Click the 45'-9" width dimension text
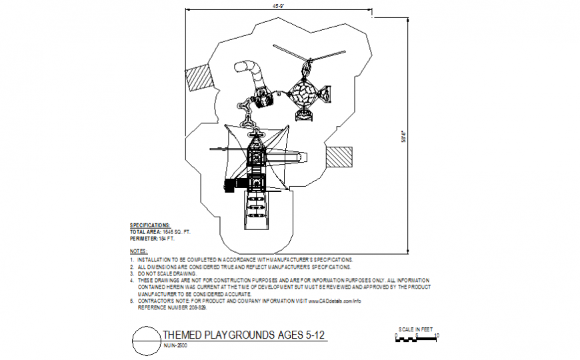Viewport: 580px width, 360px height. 279,6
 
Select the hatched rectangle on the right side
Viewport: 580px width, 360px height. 340,156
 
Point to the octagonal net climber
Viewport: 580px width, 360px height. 304,94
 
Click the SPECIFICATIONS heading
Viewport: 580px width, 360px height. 149,225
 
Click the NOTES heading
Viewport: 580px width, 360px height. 138,251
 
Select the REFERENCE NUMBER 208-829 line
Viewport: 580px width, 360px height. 172,307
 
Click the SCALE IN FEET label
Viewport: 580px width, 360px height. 415,329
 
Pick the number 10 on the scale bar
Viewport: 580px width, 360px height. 437,335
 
